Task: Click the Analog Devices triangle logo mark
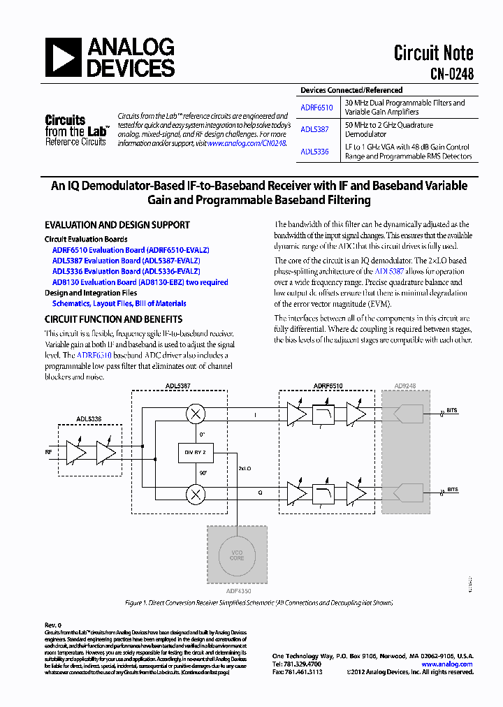64,57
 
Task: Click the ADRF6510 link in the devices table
316,108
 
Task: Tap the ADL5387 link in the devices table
314,129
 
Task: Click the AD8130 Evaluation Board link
140,282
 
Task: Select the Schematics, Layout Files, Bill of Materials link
119,304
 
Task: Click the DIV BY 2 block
196,453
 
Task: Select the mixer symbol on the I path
196,414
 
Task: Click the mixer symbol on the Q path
196,493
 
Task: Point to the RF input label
49,452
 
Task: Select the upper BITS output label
453,411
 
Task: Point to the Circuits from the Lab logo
75,131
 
